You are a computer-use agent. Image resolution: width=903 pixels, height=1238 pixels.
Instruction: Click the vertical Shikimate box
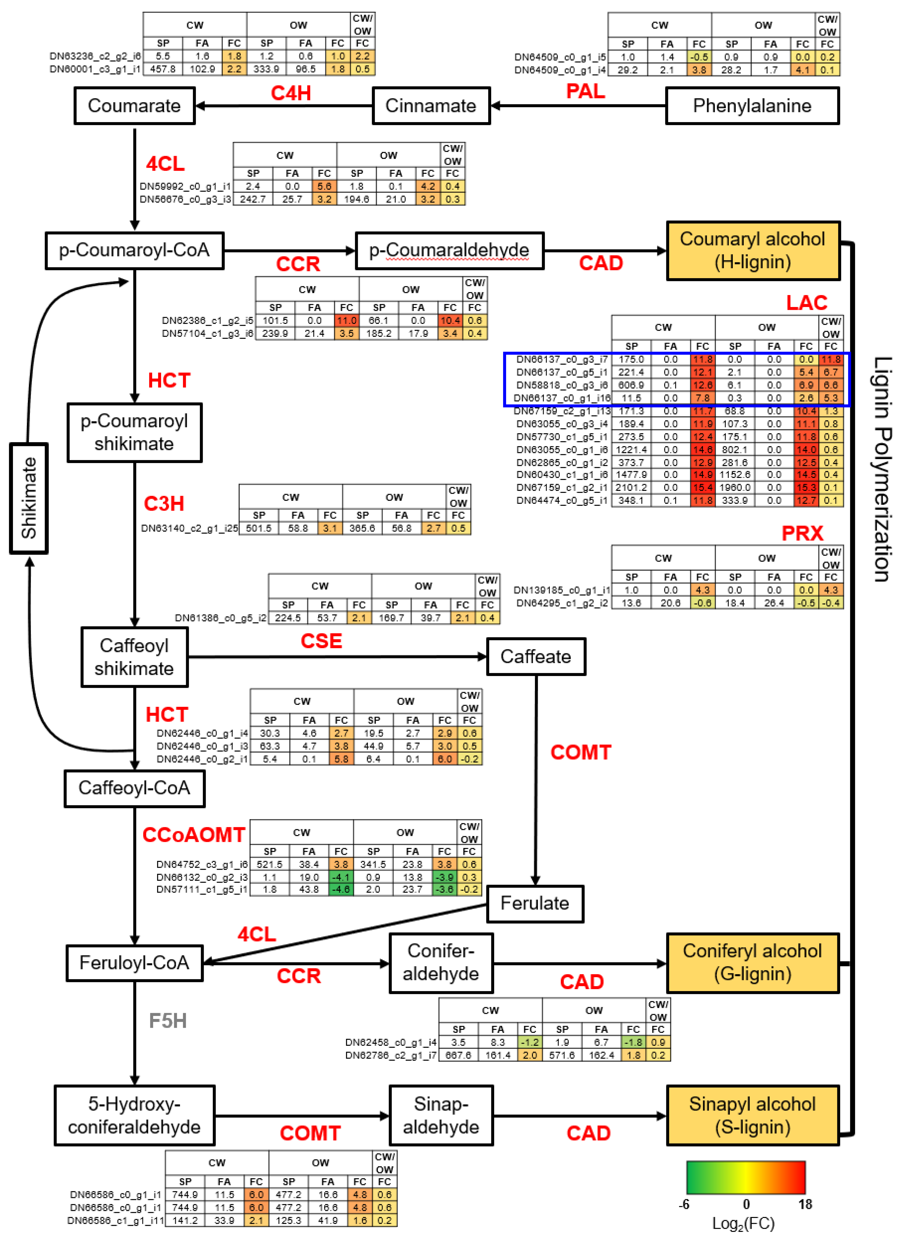pyautogui.click(x=29, y=498)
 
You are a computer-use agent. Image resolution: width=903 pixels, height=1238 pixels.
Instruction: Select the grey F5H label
pyautogui.click(x=168, y=1020)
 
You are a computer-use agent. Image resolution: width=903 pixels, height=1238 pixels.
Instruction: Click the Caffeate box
pyautogui.click(x=536, y=656)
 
